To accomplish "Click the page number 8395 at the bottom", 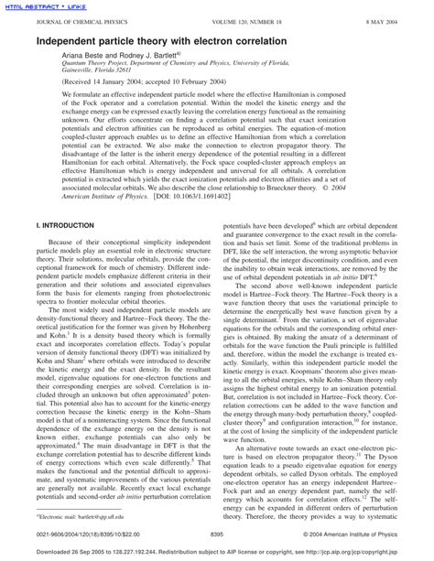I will (217, 534).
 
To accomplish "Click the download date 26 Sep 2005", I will (95, 553).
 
